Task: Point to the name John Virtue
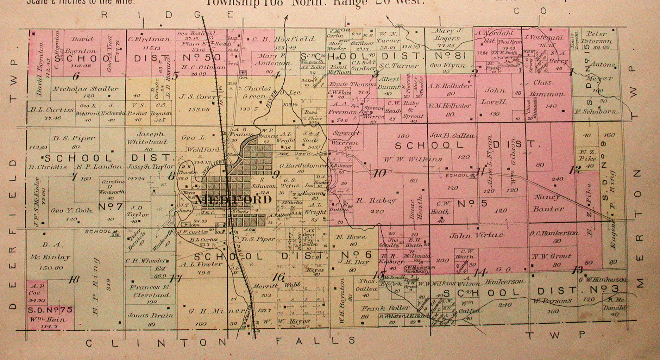(x=476, y=235)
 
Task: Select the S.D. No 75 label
(x=50, y=310)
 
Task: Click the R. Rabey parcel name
(x=376, y=201)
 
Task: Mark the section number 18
(x=74, y=280)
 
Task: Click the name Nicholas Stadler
(x=86, y=89)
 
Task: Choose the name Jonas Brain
(x=151, y=315)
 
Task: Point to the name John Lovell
(x=495, y=96)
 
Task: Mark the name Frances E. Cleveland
(x=150, y=291)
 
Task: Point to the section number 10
(x=380, y=173)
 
